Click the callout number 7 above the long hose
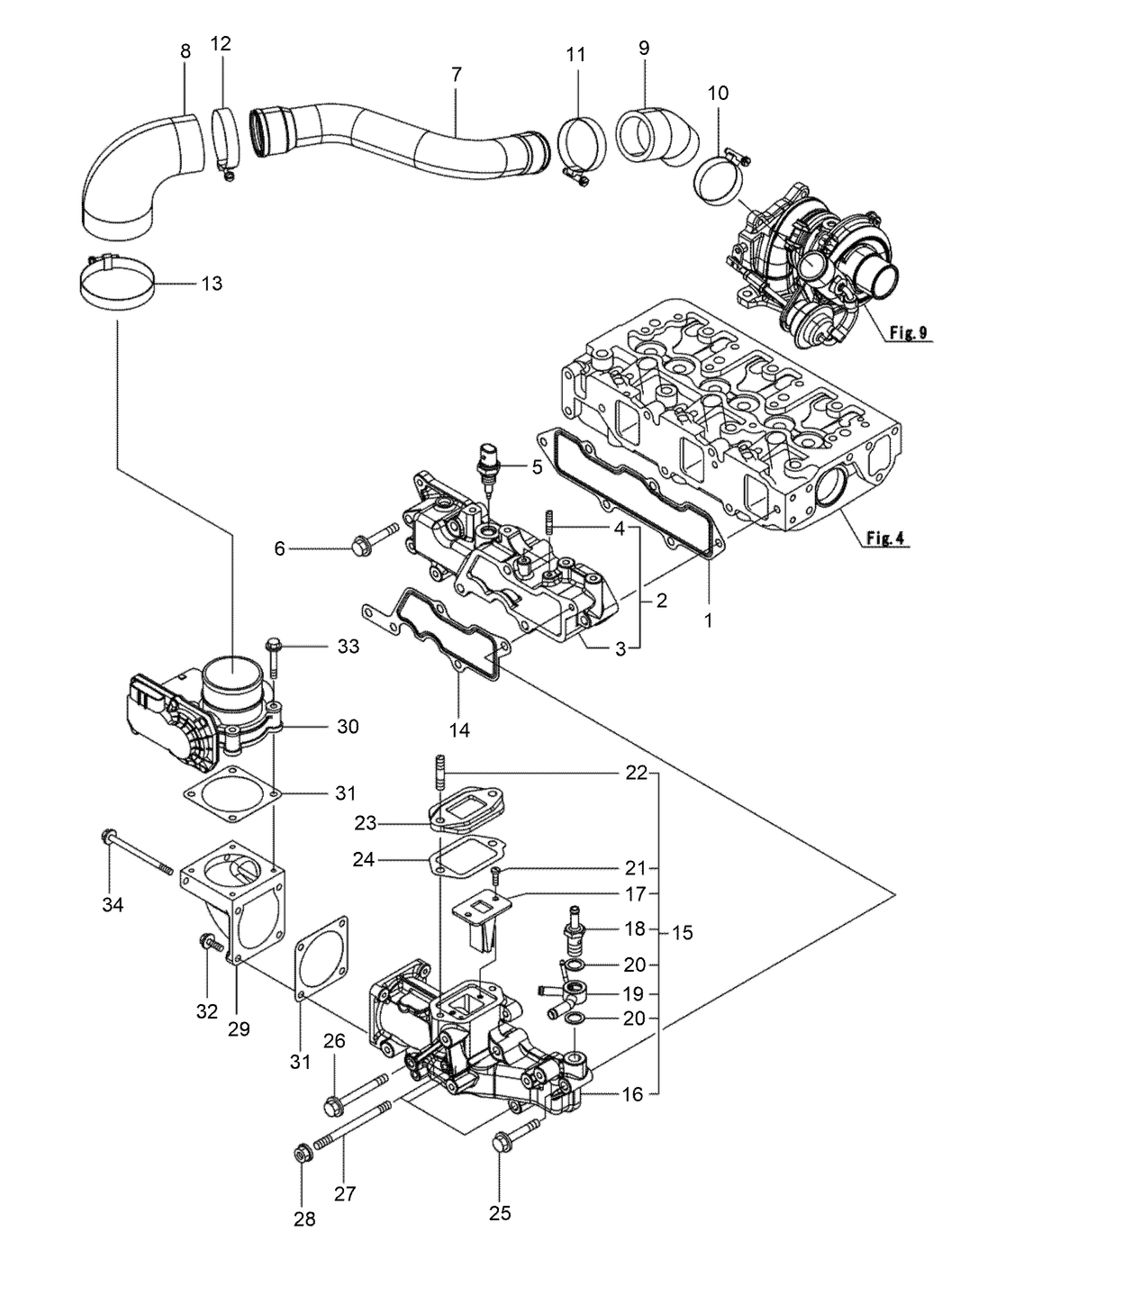456,75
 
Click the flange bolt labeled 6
371,540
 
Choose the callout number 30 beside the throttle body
347,726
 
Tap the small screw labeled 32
212,944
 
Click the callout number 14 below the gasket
459,730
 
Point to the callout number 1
708,620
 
